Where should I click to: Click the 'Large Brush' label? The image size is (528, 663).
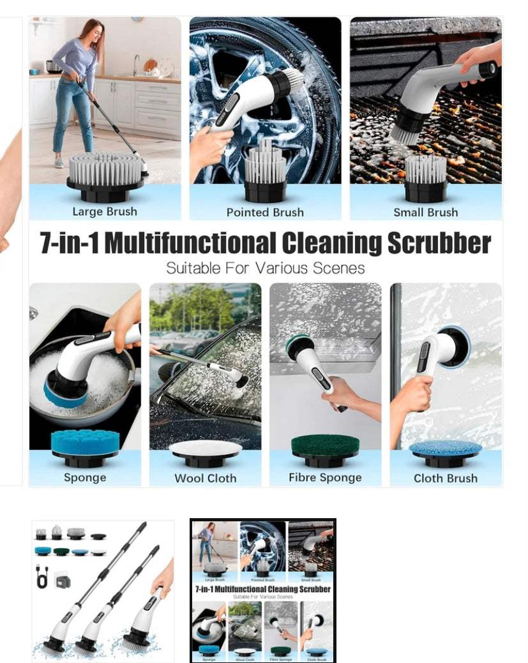pyautogui.click(x=105, y=212)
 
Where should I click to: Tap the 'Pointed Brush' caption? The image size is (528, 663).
pyautogui.click(x=265, y=212)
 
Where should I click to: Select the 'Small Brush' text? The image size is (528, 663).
pyautogui.click(x=425, y=212)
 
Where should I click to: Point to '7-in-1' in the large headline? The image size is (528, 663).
pyautogui.click(x=69, y=243)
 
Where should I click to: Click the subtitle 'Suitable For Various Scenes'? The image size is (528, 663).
pyautogui.click(x=265, y=268)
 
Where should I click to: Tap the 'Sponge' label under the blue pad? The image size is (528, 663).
pyautogui.click(x=85, y=477)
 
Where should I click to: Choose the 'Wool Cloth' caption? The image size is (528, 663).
pyautogui.click(x=205, y=478)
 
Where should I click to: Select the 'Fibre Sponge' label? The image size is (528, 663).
pyautogui.click(x=325, y=477)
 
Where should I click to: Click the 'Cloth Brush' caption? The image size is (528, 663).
pyautogui.click(x=445, y=478)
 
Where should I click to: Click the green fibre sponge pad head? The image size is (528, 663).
pyautogui.click(x=325, y=444)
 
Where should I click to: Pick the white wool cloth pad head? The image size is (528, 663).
pyautogui.click(x=205, y=448)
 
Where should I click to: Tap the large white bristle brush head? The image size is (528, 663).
pyautogui.click(x=105, y=168)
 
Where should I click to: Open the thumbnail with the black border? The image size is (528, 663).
pyautogui.click(x=263, y=590)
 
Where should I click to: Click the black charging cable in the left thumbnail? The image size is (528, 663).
pyautogui.click(x=43, y=577)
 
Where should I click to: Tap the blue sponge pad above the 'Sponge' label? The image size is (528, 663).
pyautogui.click(x=85, y=440)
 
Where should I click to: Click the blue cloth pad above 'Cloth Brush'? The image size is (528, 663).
pyautogui.click(x=445, y=447)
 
